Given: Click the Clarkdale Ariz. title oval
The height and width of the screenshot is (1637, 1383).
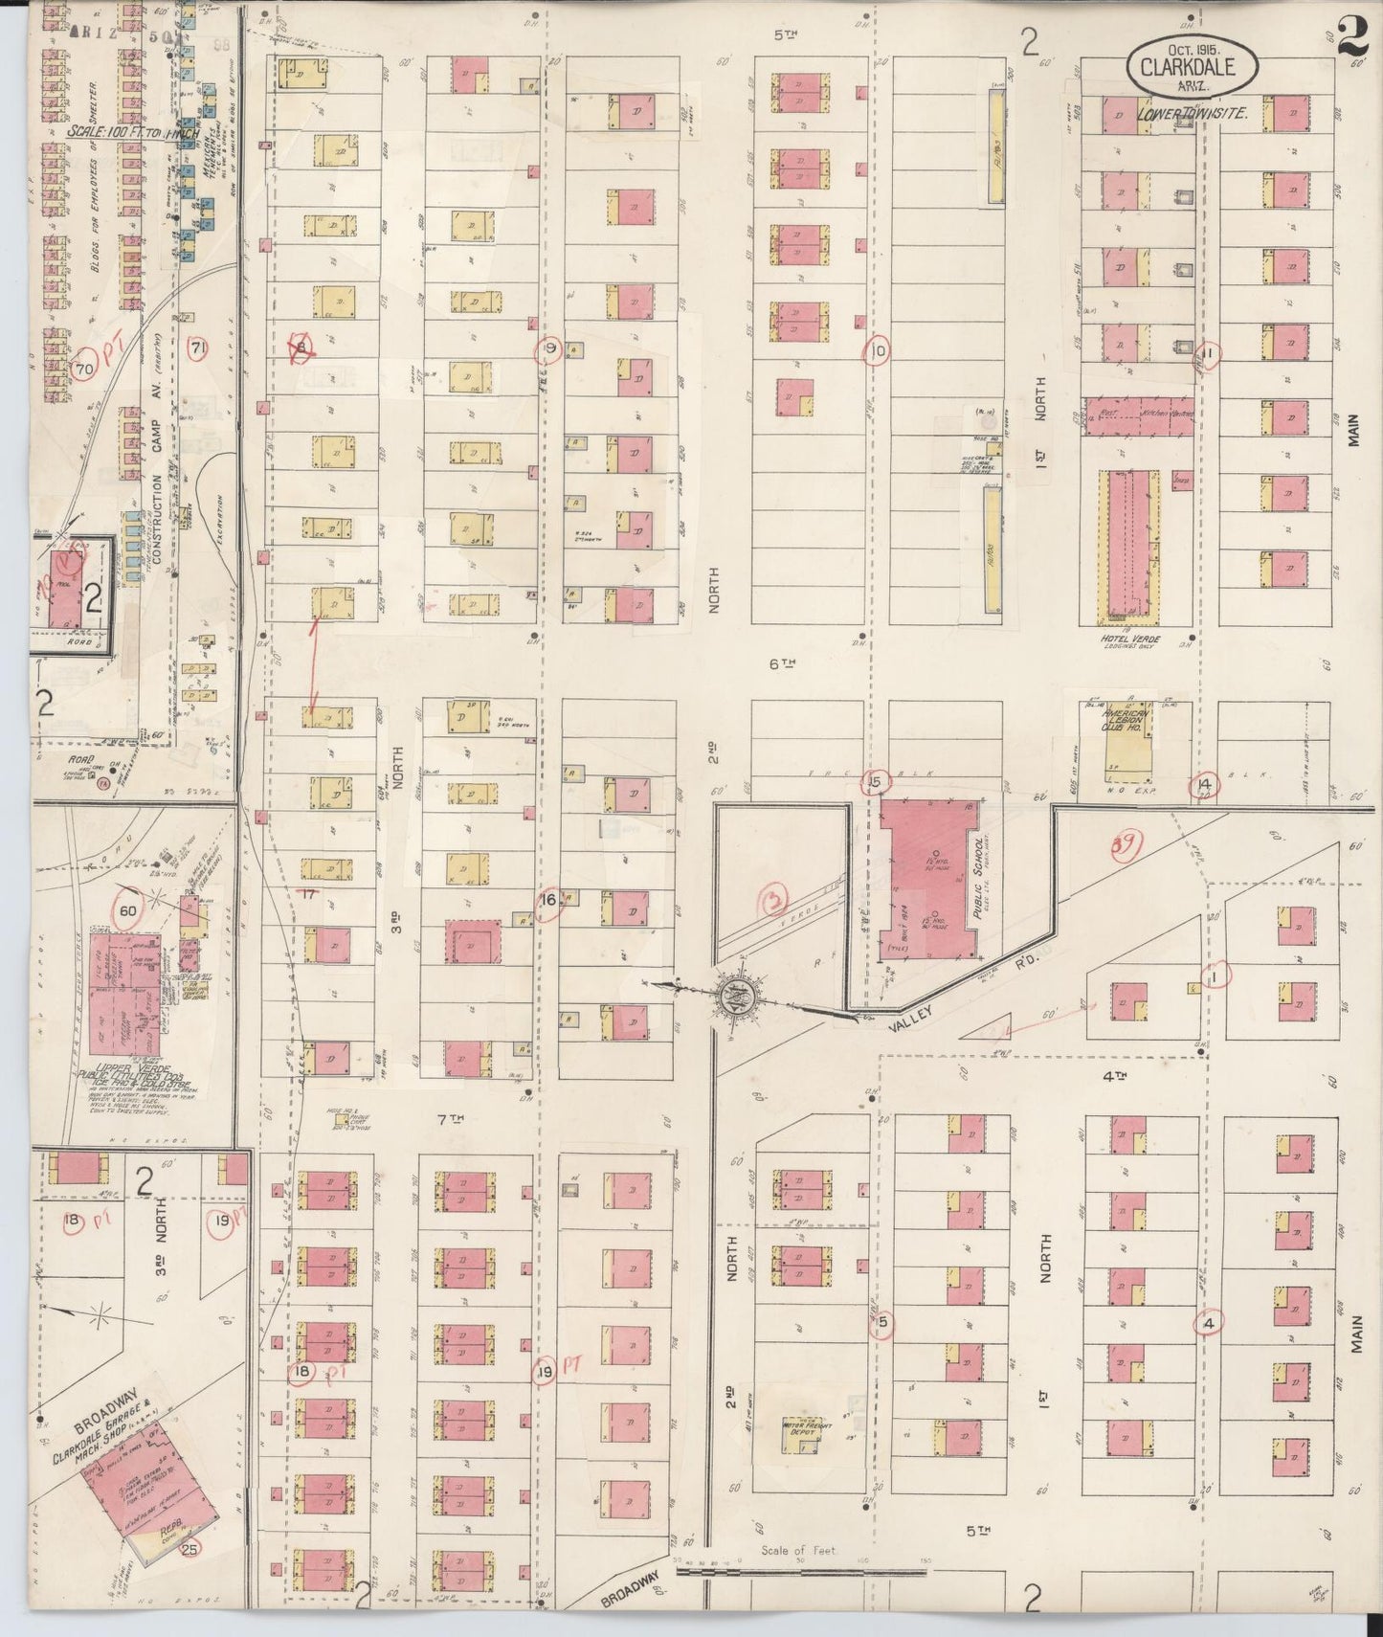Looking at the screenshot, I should (x=1184, y=67).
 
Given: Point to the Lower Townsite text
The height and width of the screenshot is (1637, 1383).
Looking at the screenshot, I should (x=1192, y=113).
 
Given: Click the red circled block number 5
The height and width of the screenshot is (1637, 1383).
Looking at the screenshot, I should (x=882, y=1322).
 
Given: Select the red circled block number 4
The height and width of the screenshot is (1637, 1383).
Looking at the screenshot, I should (x=1209, y=1324).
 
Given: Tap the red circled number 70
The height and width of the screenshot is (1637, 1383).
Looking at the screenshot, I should (x=84, y=368).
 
